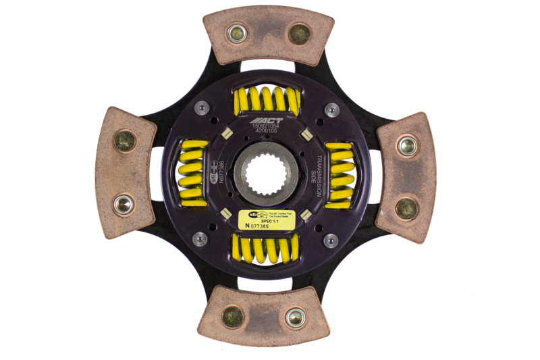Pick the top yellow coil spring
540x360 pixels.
266,101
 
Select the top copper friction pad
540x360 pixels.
269,36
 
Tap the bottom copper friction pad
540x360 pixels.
264,315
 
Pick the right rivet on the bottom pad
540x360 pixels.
295,317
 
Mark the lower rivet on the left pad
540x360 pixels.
124,203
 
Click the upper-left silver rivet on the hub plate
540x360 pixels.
200,107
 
